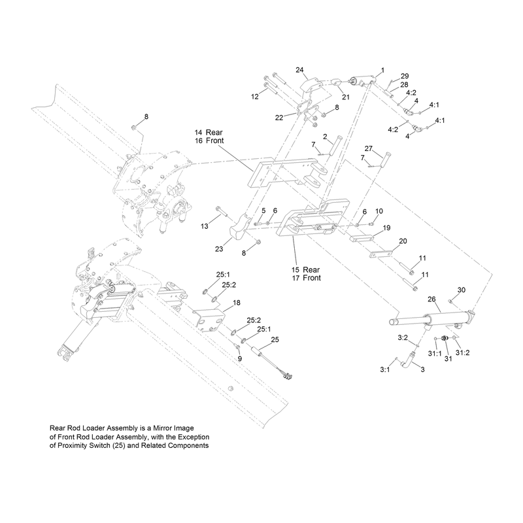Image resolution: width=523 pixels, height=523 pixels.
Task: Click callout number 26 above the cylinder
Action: (431, 299)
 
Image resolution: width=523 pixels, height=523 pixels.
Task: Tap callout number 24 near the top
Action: (299, 70)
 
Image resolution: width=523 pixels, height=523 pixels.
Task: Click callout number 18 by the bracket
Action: (237, 303)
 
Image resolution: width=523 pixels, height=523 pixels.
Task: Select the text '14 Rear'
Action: (209, 133)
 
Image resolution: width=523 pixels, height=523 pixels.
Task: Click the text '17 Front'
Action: (306, 278)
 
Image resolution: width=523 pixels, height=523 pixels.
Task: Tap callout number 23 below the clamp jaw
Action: (219, 249)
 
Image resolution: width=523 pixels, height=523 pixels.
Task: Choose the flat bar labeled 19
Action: (362, 239)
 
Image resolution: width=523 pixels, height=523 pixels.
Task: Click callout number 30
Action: (461, 290)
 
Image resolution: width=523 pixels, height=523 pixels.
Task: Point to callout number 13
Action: (205, 226)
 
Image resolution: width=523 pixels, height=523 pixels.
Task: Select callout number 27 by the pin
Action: (368, 148)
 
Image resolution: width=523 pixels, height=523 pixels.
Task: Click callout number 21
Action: (346, 97)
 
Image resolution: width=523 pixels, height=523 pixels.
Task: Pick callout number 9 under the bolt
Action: (239, 359)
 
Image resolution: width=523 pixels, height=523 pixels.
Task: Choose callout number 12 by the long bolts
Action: (255, 96)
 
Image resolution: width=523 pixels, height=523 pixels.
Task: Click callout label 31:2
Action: (463, 352)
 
